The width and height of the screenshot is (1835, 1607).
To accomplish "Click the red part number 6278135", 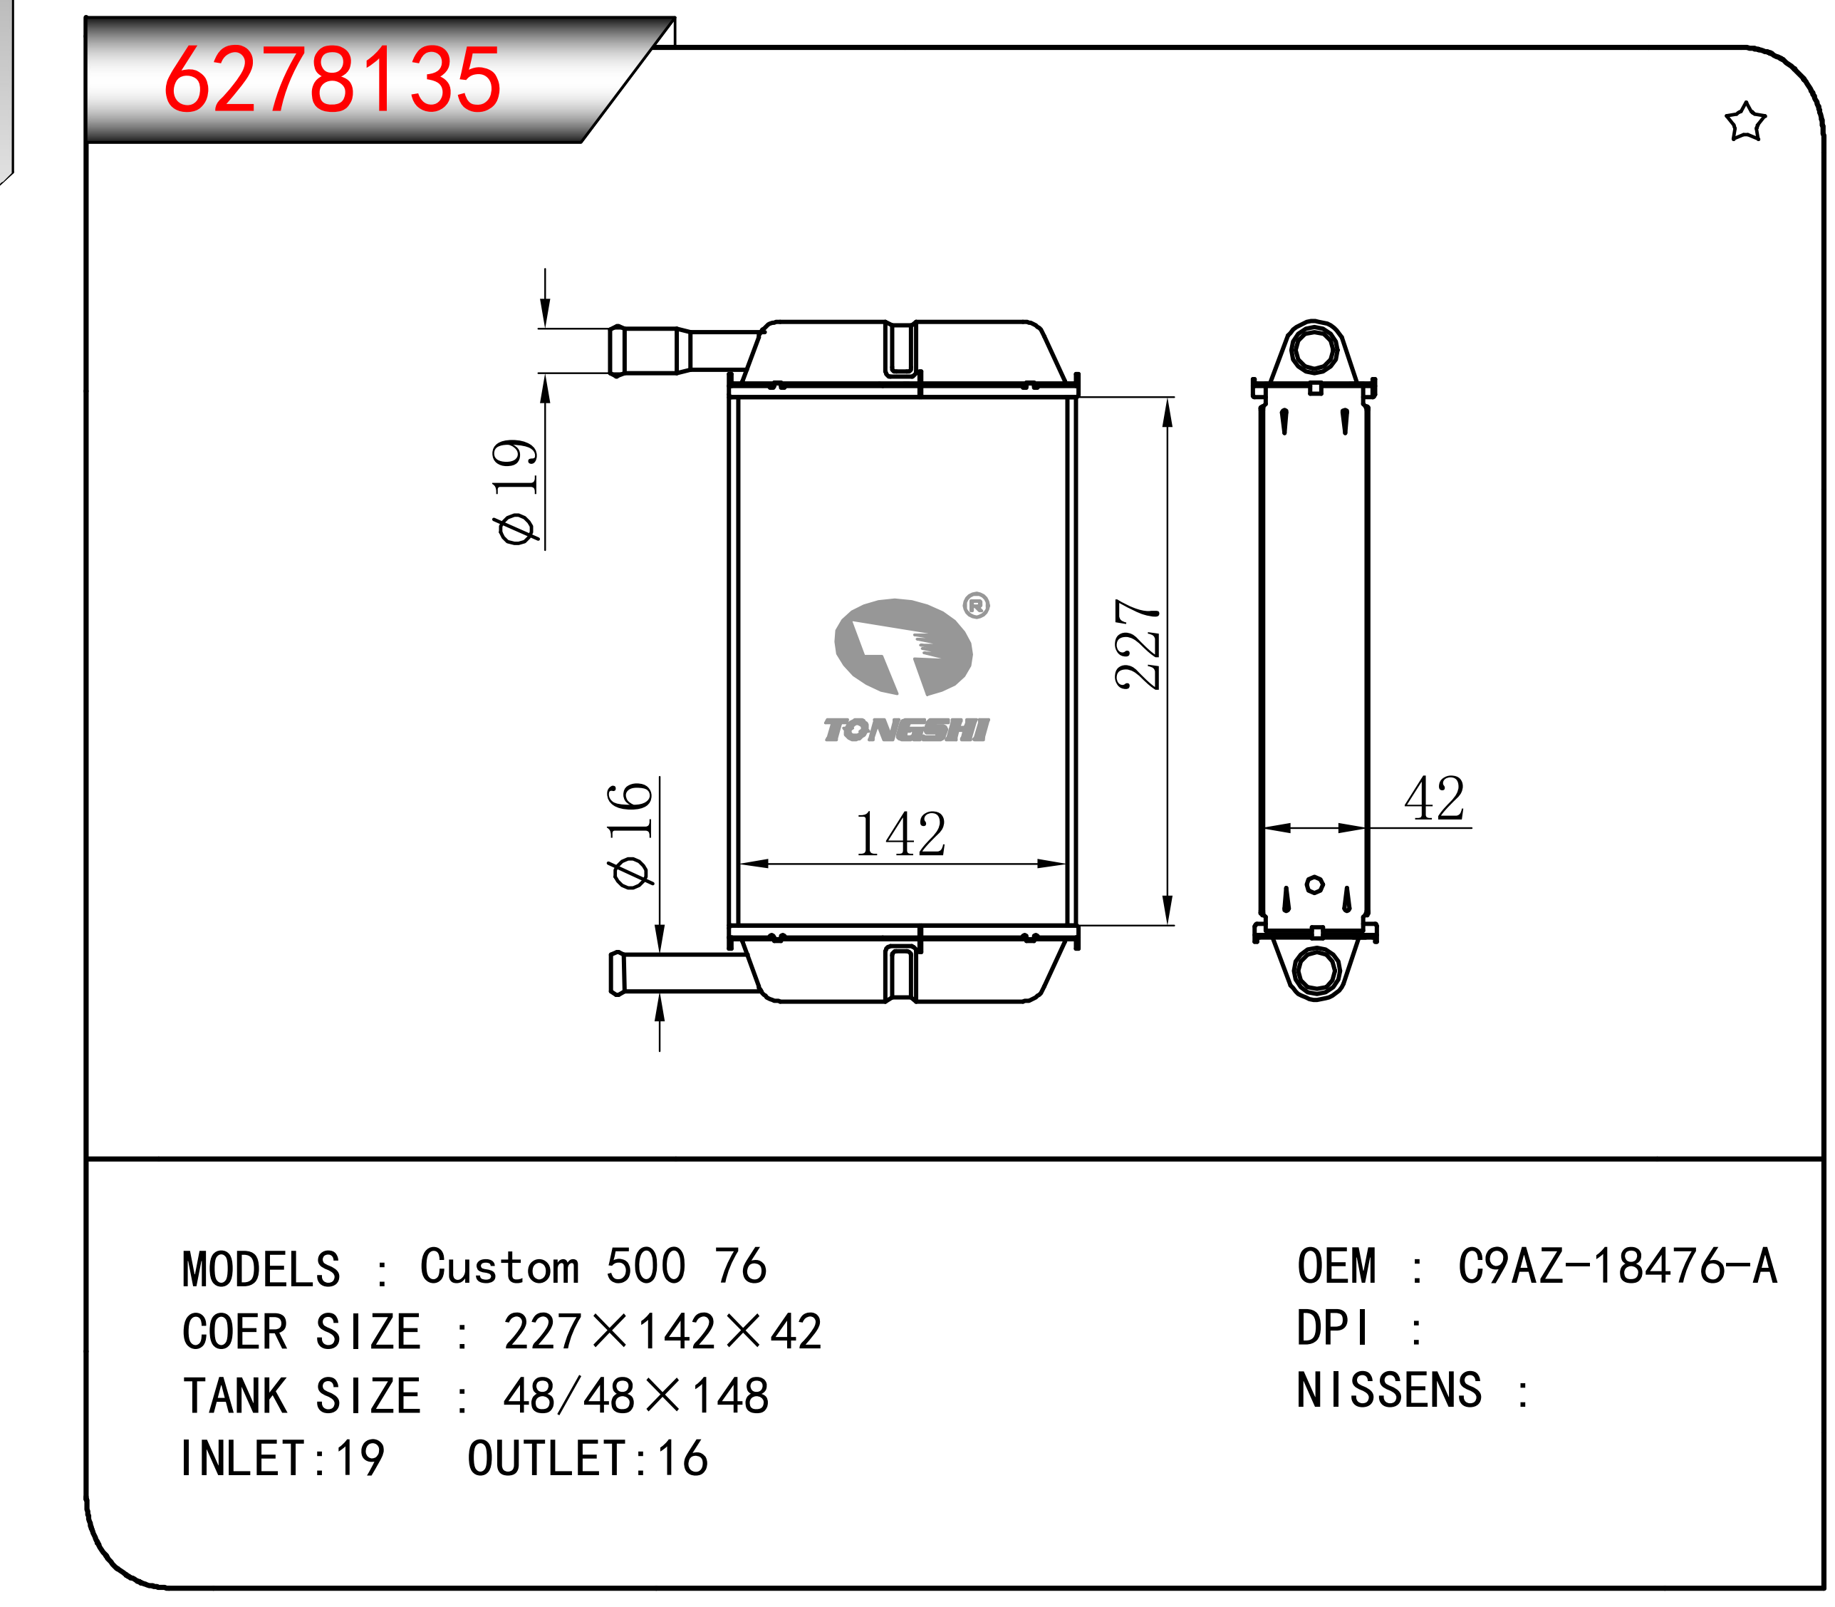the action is coord(332,80).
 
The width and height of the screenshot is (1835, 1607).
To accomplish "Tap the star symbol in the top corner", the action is coord(1745,122).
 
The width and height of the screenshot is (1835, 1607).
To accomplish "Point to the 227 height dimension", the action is coord(1138,644).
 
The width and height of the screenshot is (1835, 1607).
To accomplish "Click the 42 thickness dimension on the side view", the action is coord(1434,798).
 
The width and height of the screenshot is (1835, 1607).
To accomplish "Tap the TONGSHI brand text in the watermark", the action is coord(906,730).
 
